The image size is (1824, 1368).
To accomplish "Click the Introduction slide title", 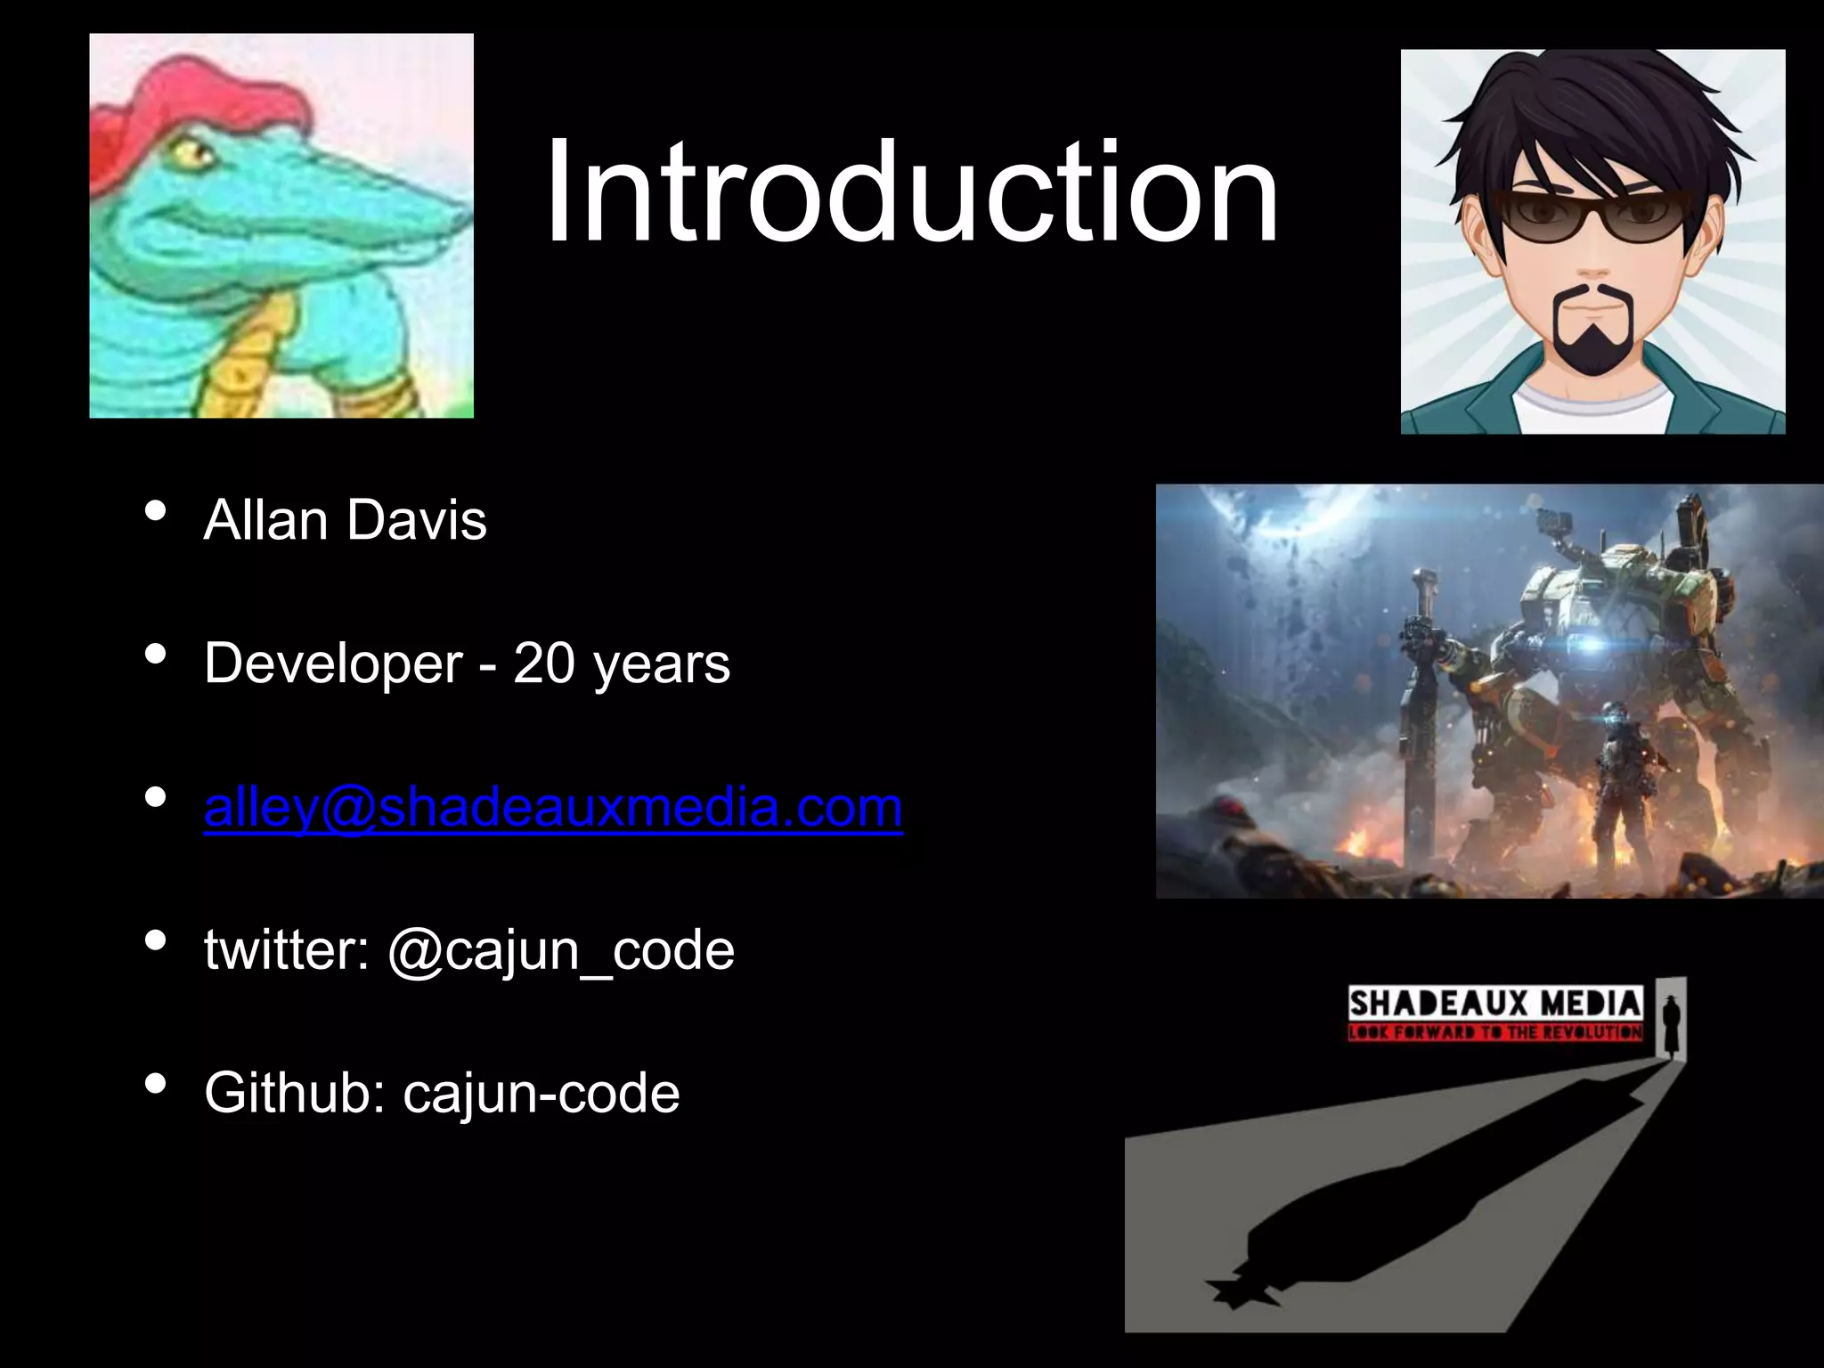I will point(911,191).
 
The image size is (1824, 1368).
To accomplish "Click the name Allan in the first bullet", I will point(265,520).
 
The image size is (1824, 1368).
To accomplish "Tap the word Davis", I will point(417,520).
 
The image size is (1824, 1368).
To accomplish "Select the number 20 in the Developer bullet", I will point(544,664).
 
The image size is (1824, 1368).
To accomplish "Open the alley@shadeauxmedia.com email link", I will point(553,807).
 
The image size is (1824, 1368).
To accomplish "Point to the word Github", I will point(295,1094).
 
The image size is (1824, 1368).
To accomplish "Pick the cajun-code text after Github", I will point(541,1094).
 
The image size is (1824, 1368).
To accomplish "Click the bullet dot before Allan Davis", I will point(155,511).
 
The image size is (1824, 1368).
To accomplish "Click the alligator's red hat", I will point(205,98).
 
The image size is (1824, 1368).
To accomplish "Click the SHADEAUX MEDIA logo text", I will point(1494,1005).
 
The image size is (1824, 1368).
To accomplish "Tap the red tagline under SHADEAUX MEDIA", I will point(1494,1033).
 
